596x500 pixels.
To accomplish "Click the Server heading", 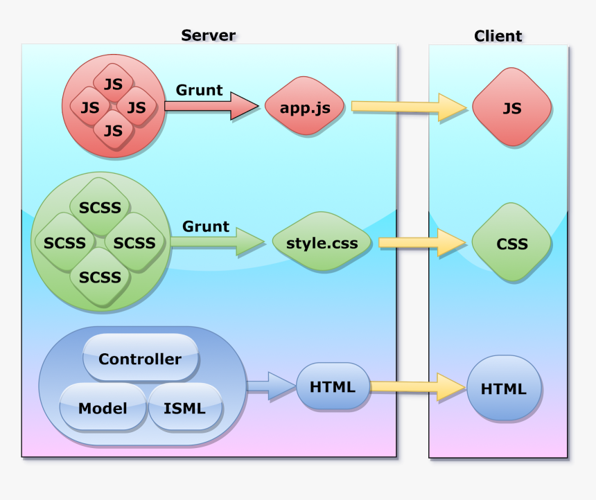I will [x=208, y=35].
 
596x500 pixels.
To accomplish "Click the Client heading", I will [x=498, y=36].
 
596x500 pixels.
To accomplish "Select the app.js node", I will [x=304, y=107].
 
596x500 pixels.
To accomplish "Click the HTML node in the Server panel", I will [x=333, y=386].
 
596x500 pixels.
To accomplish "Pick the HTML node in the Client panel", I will [x=503, y=389].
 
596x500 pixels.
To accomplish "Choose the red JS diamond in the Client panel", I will [x=511, y=108].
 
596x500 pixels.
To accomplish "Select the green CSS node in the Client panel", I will [x=511, y=243].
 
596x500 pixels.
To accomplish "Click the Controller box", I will [x=140, y=359].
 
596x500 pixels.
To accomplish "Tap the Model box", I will [x=102, y=407].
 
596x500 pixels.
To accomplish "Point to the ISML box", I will [x=185, y=407].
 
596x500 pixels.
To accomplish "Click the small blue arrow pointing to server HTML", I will [x=270, y=386].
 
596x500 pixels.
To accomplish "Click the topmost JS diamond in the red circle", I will [x=113, y=84].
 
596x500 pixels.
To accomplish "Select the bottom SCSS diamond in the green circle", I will [x=100, y=277].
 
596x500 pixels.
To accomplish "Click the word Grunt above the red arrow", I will [x=200, y=90].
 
